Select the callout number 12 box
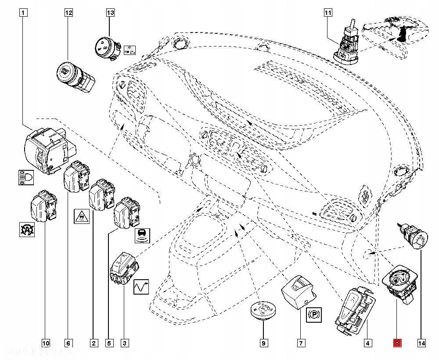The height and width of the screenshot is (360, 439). click(68, 13)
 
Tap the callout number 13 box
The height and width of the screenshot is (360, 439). click(110, 13)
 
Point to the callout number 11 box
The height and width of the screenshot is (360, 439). click(327, 13)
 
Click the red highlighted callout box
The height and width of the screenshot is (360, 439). click(397, 343)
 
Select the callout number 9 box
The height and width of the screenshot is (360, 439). click(263, 343)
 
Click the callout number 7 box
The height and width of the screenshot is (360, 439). click(301, 343)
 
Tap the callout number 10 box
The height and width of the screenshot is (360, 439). click(46, 343)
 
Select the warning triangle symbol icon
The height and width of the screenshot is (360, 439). click(82, 216)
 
